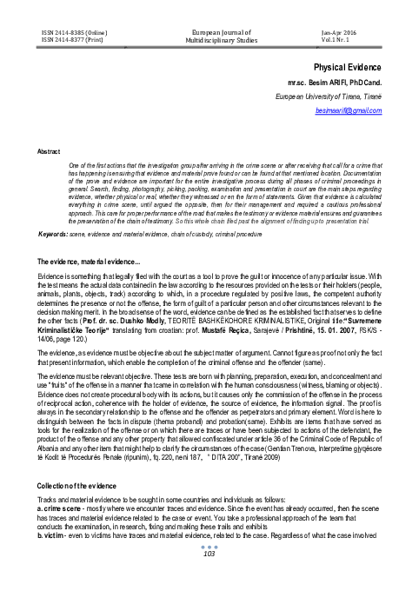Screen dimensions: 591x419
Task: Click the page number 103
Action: click(x=209, y=578)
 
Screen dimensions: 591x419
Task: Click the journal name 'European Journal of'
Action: click(x=209, y=30)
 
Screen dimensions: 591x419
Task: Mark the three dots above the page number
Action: click(x=209, y=569)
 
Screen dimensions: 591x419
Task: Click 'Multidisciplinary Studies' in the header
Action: click(x=209, y=39)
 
